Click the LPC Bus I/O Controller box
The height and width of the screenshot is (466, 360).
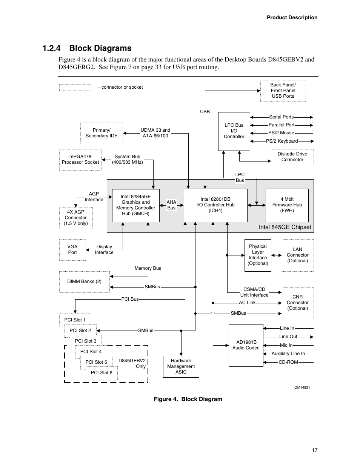tap(234, 131)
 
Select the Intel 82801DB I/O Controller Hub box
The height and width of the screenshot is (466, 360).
tap(215, 205)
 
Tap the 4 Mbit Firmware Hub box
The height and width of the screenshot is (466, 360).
tap(287, 205)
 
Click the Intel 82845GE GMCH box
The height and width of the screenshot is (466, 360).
tap(136, 205)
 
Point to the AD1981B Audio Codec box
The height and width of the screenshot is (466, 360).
tap(246, 345)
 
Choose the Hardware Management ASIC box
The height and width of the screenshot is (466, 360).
tap(181, 366)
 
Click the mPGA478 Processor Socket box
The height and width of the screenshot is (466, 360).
tap(80, 160)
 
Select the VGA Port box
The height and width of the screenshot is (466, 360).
tap(72, 250)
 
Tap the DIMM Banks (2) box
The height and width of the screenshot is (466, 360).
tap(84, 281)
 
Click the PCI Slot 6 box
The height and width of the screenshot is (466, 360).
tap(102, 373)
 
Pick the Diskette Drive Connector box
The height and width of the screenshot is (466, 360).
tap(292, 157)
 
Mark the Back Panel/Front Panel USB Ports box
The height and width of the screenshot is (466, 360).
tap(283, 91)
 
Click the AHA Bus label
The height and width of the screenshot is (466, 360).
tap(171, 205)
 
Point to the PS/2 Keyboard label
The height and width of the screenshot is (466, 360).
tap(282, 141)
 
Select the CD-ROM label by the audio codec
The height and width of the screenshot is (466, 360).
tap(288, 362)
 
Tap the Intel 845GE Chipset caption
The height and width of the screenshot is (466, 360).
tap(285, 227)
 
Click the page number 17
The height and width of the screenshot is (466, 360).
tap(315, 450)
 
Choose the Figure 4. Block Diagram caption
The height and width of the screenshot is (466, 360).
tap(188, 399)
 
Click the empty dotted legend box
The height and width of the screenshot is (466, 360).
tap(75, 88)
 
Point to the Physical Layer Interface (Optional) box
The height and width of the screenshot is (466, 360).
tap(258, 255)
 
